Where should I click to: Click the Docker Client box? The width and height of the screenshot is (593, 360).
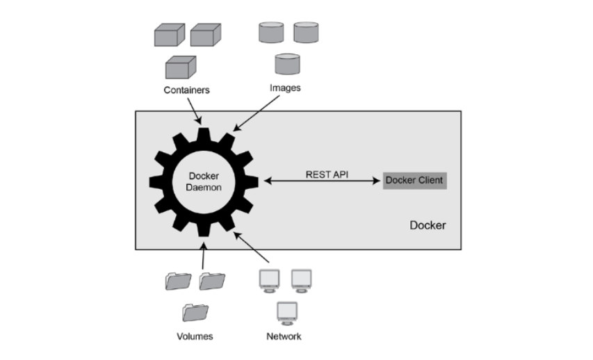(x=414, y=181)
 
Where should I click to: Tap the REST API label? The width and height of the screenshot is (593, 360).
(x=327, y=174)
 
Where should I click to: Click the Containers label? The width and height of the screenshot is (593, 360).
(x=186, y=90)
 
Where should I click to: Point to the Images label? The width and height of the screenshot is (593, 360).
(x=285, y=88)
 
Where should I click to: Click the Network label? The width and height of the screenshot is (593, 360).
(x=284, y=336)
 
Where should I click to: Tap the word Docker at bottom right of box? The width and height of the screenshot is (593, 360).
(x=427, y=225)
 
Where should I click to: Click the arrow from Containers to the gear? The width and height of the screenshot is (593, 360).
(x=194, y=110)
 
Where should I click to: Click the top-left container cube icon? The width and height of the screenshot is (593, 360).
(x=169, y=35)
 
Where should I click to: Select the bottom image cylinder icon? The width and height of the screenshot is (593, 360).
(x=286, y=64)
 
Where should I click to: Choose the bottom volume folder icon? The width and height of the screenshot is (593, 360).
(x=195, y=313)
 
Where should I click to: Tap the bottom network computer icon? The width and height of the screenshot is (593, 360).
(x=286, y=313)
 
